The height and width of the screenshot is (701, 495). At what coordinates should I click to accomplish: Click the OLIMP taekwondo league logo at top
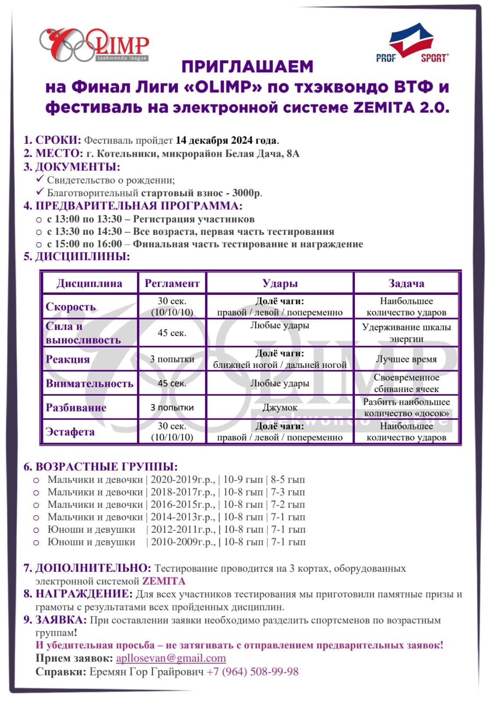(x=94, y=45)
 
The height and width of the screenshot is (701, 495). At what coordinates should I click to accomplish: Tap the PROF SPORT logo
(x=412, y=44)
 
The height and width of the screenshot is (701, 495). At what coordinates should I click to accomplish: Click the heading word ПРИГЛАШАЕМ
(x=247, y=67)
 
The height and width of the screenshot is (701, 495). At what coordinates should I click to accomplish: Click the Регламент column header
(x=172, y=283)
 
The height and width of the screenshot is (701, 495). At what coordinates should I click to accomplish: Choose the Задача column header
(x=406, y=283)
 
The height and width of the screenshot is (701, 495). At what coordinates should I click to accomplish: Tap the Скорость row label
(x=71, y=307)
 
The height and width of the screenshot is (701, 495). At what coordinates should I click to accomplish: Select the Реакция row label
(x=68, y=359)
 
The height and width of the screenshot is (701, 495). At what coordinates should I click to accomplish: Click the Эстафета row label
(x=70, y=432)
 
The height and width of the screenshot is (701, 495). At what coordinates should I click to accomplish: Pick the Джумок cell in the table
(x=280, y=408)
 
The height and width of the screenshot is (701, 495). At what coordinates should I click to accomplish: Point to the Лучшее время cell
(x=406, y=359)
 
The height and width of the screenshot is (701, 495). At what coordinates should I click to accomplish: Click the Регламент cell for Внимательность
(x=172, y=383)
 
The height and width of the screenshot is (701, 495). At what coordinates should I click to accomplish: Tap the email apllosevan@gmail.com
(x=171, y=658)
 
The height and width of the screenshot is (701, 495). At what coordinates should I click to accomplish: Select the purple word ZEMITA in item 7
(x=164, y=581)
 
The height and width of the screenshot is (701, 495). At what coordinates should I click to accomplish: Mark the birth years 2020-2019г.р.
(x=183, y=480)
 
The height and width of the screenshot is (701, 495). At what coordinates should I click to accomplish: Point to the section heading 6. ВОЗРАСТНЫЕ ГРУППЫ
(x=101, y=467)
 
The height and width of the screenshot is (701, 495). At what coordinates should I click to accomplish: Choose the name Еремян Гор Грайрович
(x=147, y=672)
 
